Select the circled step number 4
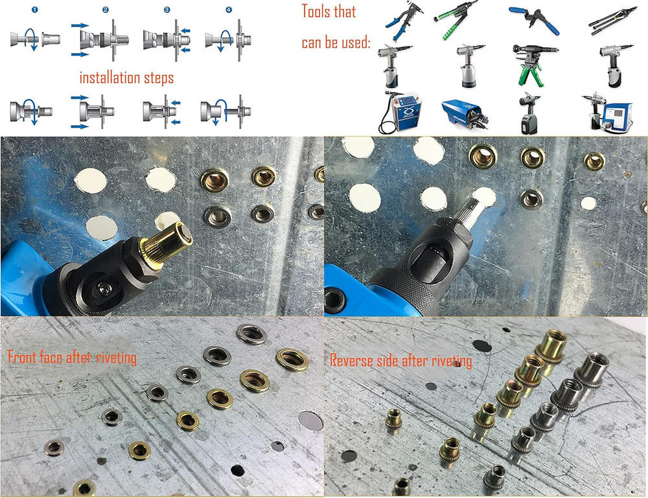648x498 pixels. point(227,10)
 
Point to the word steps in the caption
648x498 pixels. point(159,78)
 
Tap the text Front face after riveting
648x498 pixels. point(72,356)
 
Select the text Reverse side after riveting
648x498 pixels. point(400,360)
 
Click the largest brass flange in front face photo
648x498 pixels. point(292,359)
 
